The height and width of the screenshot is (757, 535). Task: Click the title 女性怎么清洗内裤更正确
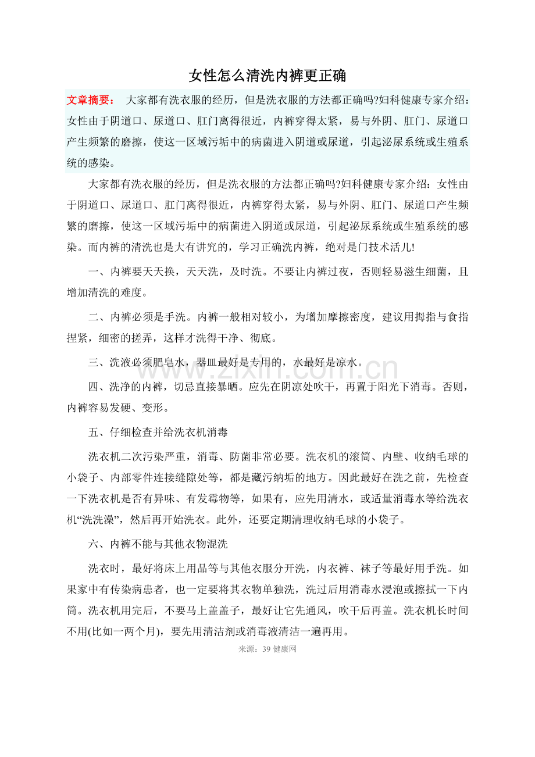267,76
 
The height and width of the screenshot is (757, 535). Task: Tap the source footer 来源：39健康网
267,649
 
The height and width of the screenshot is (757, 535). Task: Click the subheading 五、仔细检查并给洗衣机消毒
158,432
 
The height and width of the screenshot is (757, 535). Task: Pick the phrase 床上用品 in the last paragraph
205,567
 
